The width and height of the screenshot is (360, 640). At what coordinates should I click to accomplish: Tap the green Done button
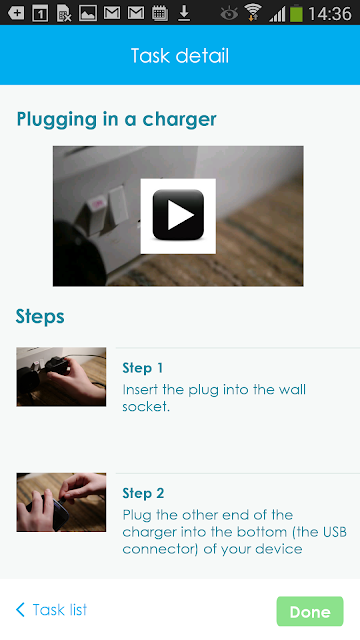pyautogui.click(x=310, y=611)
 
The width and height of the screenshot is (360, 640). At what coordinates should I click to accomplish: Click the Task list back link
pyautogui.click(x=51, y=610)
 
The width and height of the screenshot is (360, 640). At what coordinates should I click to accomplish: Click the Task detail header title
pyautogui.click(x=180, y=56)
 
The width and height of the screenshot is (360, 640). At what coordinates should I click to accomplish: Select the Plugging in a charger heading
pyautogui.click(x=116, y=119)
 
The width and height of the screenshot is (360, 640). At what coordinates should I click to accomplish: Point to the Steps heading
pyautogui.click(x=40, y=316)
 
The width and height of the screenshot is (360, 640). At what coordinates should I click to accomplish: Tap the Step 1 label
pyautogui.click(x=142, y=368)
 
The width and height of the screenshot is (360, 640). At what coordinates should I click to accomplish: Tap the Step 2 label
pyautogui.click(x=143, y=493)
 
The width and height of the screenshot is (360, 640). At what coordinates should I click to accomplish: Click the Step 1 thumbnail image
pyautogui.click(x=61, y=377)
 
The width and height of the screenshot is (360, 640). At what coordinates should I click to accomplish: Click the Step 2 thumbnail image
pyautogui.click(x=61, y=502)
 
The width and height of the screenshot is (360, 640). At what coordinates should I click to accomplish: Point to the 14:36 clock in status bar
pyautogui.click(x=330, y=13)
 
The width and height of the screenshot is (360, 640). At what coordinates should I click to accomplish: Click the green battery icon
pyautogui.click(x=296, y=13)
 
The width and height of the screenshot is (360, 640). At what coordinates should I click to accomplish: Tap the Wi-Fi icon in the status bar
pyautogui.click(x=253, y=13)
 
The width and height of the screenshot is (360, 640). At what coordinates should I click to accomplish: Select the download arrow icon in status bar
pyautogui.click(x=184, y=13)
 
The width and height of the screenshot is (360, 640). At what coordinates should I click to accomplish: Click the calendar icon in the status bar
pyautogui.click(x=160, y=13)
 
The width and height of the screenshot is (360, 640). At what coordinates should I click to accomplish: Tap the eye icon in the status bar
pyautogui.click(x=229, y=14)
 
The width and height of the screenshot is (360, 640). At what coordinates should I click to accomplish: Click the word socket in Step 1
pyautogui.click(x=146, y=407)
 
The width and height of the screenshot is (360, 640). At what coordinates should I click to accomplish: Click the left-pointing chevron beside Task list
pyautogui.click(x=20, y=610)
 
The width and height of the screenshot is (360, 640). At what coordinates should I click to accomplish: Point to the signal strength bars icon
pyautogui.click(x=277, y=14)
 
